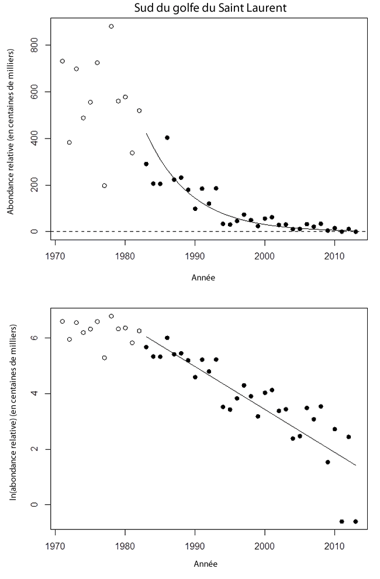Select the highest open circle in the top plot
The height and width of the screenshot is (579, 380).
(111, 26)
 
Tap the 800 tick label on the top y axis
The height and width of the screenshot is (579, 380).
(40, 45)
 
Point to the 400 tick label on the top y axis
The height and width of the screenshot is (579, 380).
(40, 138)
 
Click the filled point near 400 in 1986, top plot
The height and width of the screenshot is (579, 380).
(167, 137)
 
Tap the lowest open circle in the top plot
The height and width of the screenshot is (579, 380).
(104, 186)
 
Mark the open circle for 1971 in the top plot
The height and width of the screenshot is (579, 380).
(62, 61)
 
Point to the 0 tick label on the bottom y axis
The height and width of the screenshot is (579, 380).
(40, 505)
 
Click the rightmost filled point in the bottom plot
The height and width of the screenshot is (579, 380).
(355, 521)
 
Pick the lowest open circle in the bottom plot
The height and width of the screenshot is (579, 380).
(104, 358)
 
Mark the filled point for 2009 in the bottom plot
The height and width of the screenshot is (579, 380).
(327, 462)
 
